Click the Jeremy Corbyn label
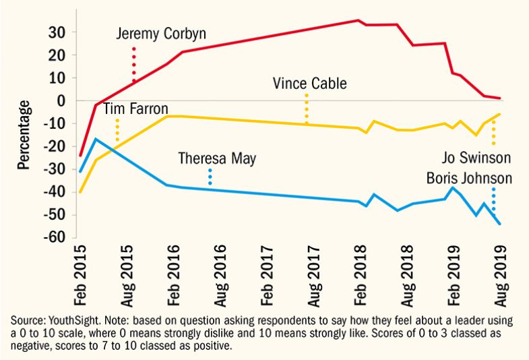click(160, 34)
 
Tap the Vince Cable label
click(309, 84)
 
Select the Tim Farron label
click(135, 109)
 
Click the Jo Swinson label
click(476, 158)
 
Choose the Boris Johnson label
click(469, 179)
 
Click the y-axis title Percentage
click(25, 136)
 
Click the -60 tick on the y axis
click(54, 238)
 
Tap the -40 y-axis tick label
click(54, 192)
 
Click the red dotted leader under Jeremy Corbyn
click(134, 64)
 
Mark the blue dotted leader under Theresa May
click(210, 177)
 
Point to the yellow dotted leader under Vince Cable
click(307, 108)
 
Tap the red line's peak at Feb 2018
click(359, 20)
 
